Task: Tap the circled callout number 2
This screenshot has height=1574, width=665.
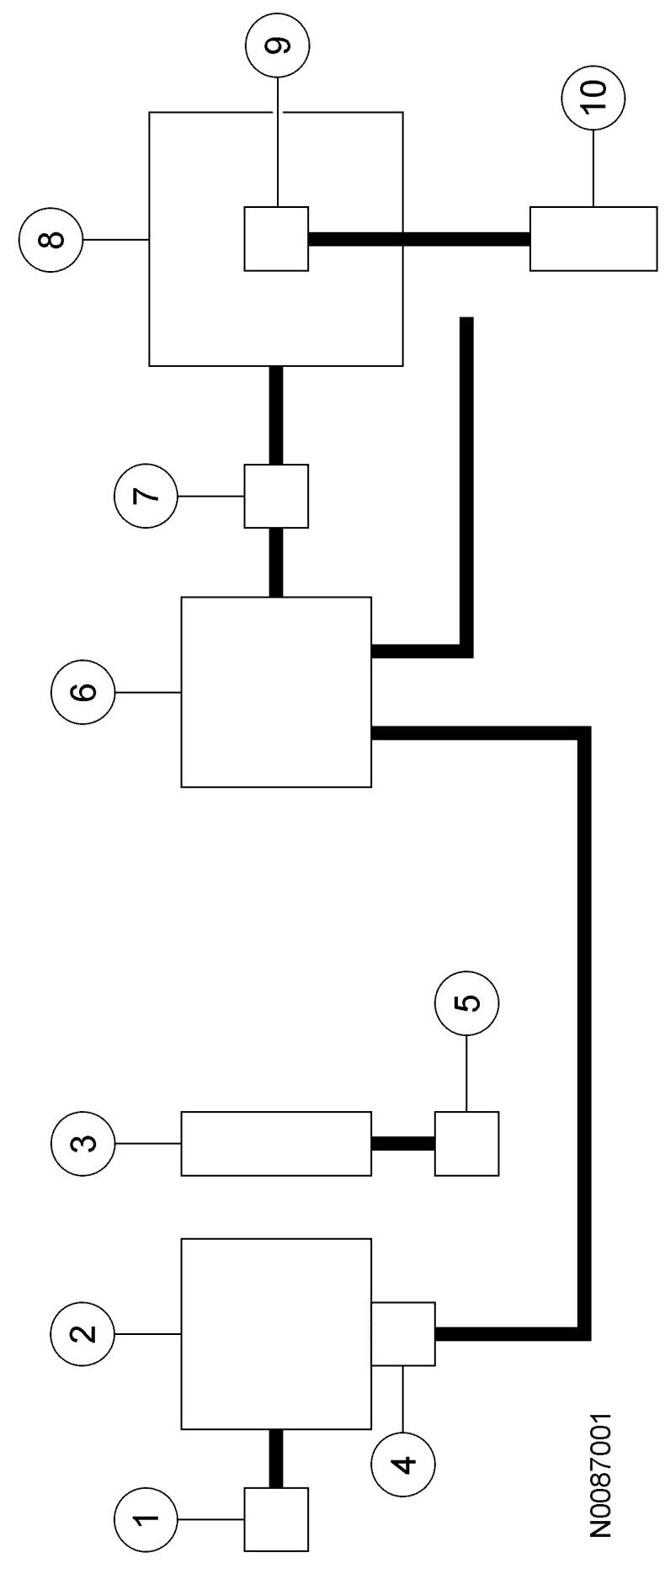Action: click(x=82, y=1332)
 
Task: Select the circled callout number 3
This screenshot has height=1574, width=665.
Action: click(x=82, y=1143)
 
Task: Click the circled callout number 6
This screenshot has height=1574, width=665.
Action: click(x=82, y=692)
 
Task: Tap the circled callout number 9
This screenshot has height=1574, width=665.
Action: click(x=277, y=46)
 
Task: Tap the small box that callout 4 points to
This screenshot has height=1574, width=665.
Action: click(x=403, y=1333)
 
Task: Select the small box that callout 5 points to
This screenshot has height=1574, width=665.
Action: click(x=466, y=1143)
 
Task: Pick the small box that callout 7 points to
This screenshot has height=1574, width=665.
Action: click(x=276, y=495)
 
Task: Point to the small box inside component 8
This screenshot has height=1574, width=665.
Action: click(x=276, y=238)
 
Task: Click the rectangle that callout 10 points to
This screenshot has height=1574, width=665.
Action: click(x=593, y=238)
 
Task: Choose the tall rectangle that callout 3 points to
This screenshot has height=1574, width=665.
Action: click(x=276, y=1143)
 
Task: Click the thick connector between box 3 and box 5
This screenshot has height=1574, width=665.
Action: click(x=403, y=1143)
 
